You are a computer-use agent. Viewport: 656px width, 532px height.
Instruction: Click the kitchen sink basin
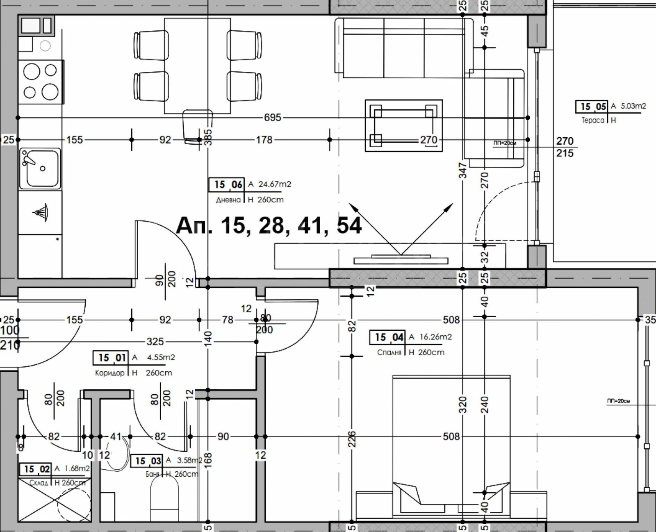point(40,168)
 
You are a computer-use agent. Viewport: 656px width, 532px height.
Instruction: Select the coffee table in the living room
point(404,125)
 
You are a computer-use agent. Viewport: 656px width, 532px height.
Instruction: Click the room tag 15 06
point(227,185)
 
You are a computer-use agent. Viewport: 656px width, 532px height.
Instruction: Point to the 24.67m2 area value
point(274,184)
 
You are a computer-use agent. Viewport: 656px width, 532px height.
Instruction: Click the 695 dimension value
point(272,118)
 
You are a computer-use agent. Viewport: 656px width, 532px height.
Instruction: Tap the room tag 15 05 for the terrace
point(592,107)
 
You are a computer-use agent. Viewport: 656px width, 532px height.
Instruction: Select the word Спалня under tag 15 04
point(389,352)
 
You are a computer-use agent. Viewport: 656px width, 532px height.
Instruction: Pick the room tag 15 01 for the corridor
point(111,358)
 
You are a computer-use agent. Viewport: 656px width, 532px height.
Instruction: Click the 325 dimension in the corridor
point(155,341)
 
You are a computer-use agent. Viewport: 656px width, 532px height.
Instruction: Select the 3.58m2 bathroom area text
point(189,460)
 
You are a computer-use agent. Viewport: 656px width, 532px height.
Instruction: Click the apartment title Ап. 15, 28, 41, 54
point(269,225)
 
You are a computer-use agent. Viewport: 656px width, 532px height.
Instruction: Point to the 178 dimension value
point(264,140)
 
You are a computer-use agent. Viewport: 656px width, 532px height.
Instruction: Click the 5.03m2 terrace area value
point(633,106)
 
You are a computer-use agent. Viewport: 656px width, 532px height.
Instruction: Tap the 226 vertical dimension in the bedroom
point(352,439)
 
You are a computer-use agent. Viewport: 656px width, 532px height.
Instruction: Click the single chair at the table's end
point(197,125)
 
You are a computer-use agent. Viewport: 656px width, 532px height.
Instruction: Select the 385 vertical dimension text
point(208,137)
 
